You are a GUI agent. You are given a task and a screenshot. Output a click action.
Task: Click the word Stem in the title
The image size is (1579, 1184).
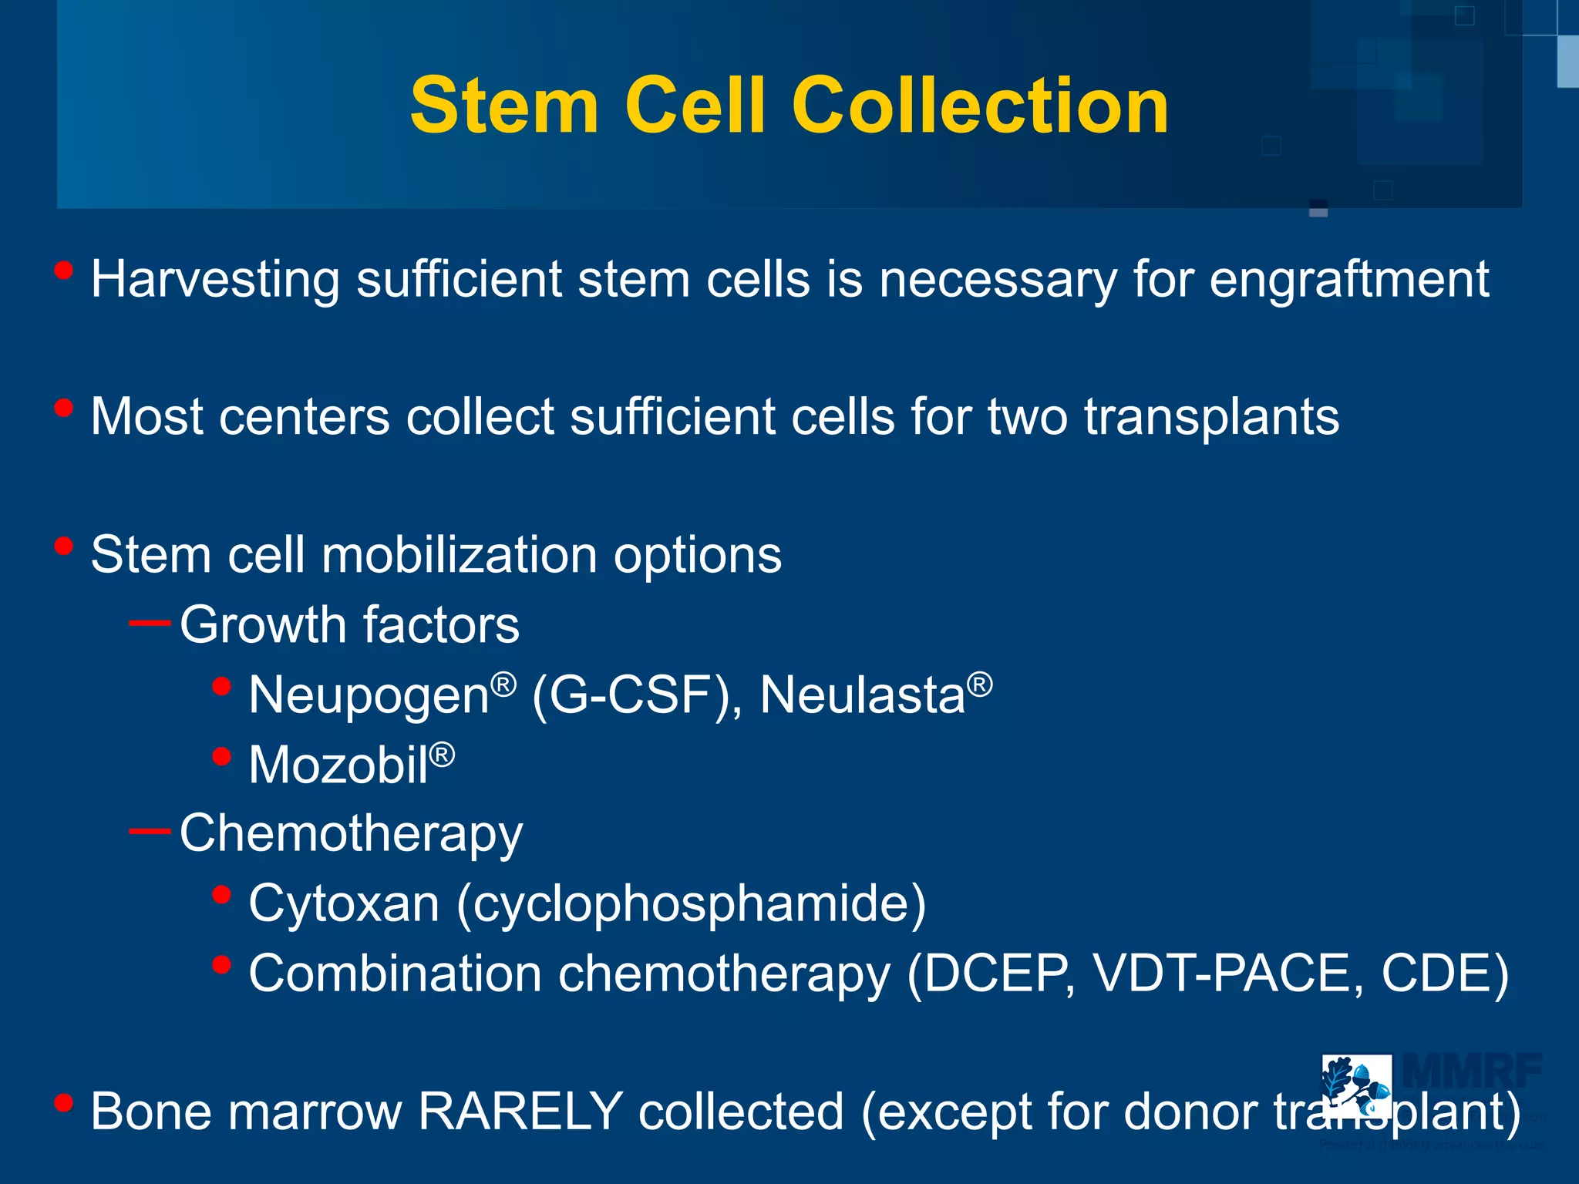[504, 106]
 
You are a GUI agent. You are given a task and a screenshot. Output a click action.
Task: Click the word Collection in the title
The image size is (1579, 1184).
[980, 106]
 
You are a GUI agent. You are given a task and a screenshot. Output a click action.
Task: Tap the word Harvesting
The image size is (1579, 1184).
[215, 280]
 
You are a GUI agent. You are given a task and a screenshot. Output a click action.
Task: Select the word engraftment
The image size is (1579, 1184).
[1348, 280]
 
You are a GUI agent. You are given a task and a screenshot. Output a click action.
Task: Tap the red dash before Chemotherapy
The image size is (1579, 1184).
[150, 831]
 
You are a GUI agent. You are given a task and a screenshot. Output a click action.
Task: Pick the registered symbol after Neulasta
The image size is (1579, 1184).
[980, 684]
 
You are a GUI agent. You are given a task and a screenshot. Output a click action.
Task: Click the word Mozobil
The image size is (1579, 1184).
[338, 765]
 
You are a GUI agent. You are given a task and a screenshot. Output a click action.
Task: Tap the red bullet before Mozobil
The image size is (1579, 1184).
[221, 756]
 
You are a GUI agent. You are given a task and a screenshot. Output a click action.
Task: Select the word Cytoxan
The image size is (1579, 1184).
[344, 903]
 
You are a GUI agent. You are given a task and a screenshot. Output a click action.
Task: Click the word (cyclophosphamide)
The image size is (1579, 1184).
[692, 903]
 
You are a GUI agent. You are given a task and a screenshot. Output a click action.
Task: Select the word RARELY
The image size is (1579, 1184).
[520, 1112]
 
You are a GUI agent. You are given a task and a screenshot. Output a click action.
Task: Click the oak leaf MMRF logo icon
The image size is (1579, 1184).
[1356, 1086]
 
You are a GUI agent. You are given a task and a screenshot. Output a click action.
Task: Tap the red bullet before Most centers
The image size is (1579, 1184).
[64, 408]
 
